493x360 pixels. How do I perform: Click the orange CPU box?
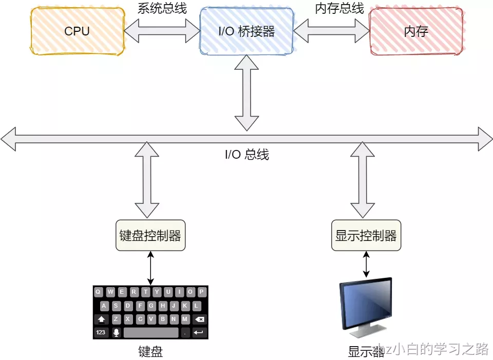pyautogui.click(x=77, y=31)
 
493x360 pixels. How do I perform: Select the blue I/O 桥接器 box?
pyautogui.click(x=246, y=31)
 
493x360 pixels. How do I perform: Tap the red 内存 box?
pyautogui.click(x=415, y=31)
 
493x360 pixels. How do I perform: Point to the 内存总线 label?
pyautogui.click(x=339, y=9)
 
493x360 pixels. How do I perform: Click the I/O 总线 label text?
pyautogui.click(x=246, y=155)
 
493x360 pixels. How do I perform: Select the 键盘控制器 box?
pyautogui.click(x=150, y=236)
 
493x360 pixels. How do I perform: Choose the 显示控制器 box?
pyautogui.click(x=366, y=236)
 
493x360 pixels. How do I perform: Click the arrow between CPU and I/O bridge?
pyautogui.click(x=162, y=32)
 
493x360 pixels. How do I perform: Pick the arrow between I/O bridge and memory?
pyautogui.click(x=331, y=32)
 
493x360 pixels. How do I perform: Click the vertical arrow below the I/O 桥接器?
pyautogui.click(x=246, y=92)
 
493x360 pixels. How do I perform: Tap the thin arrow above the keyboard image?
pyautogui.click(x=150, y=268)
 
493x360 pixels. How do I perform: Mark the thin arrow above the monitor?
pyautogui.click(x=366, y=264)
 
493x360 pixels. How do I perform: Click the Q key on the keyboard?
pyautogui.click(x=98, y=292)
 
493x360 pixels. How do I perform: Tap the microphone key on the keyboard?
pyautogui.click(x=116, y=333)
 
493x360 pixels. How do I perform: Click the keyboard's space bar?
pyautogui.click(x=151, y=333)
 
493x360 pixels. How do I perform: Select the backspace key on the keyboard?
pyautogui.click(x=200, y=319)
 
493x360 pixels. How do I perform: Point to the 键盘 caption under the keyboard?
pyautogui.click(x=150, y=352)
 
